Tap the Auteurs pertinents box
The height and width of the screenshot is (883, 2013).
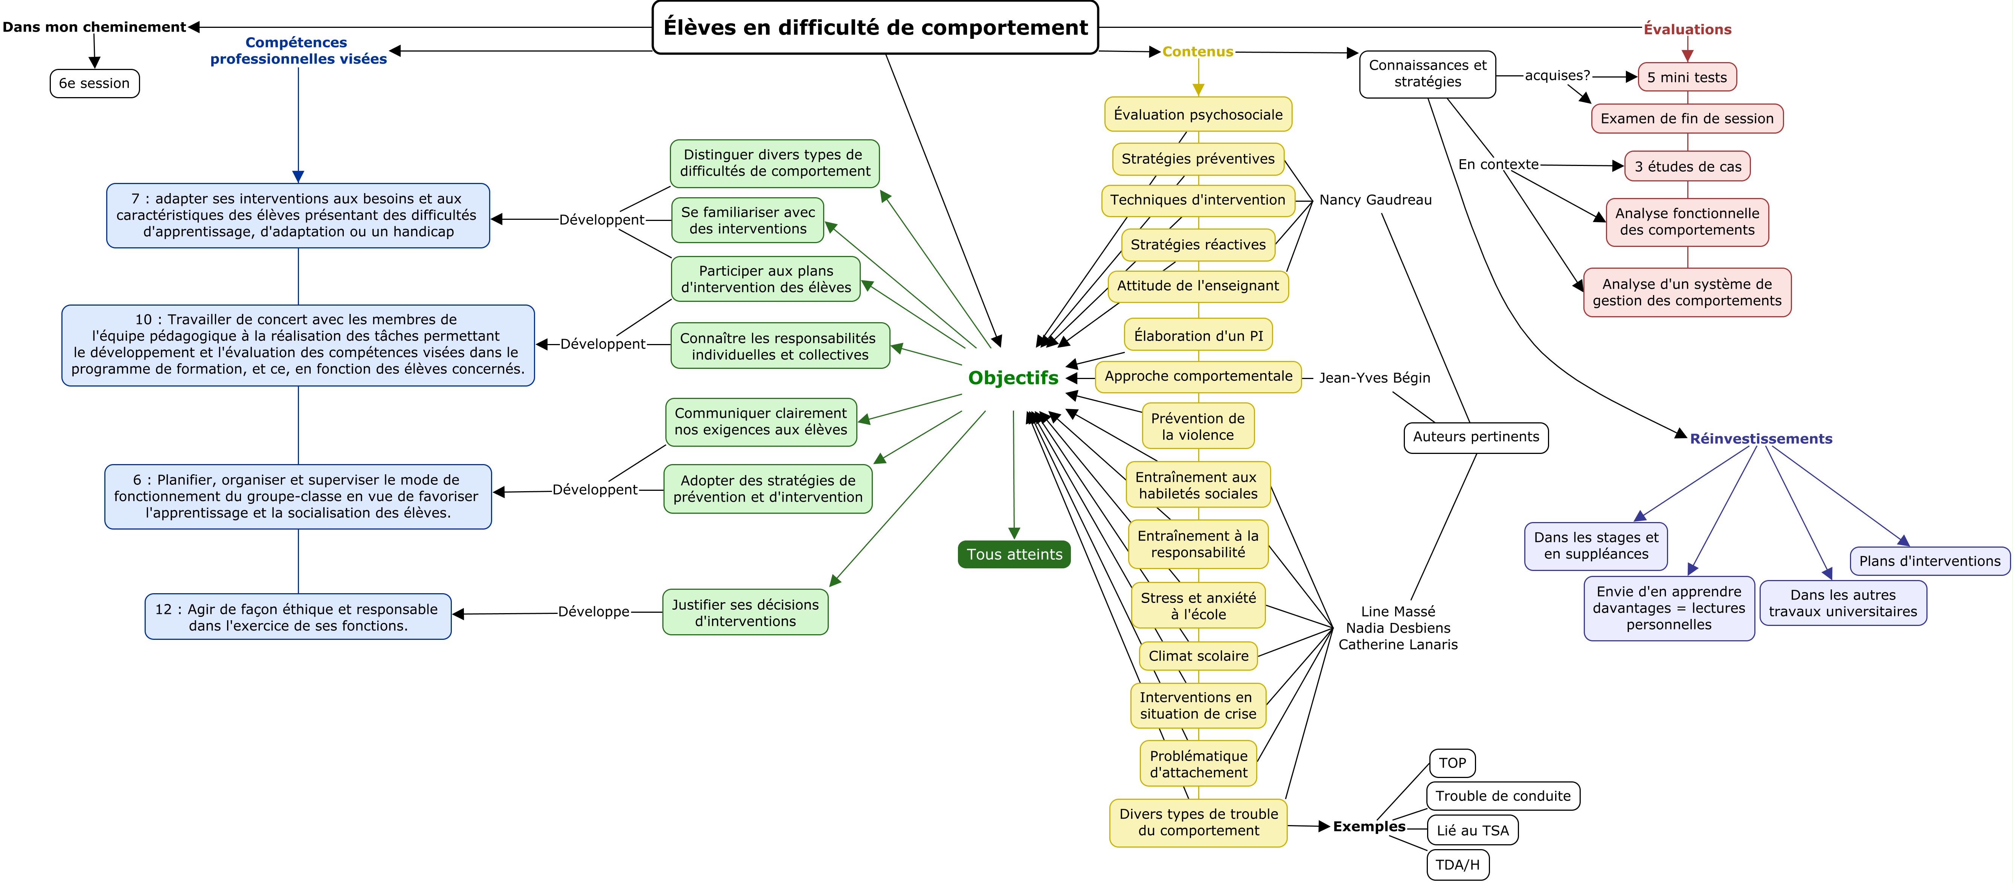coord(1475,437)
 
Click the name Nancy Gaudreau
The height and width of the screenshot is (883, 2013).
coord(1376,200)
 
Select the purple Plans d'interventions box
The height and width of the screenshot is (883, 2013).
coord(1929,561)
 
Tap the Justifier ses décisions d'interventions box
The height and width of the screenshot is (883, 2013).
coord(745,613)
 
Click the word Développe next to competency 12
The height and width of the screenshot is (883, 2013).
coord(593,612)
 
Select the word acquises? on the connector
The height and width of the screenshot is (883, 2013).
coord(1557,76)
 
